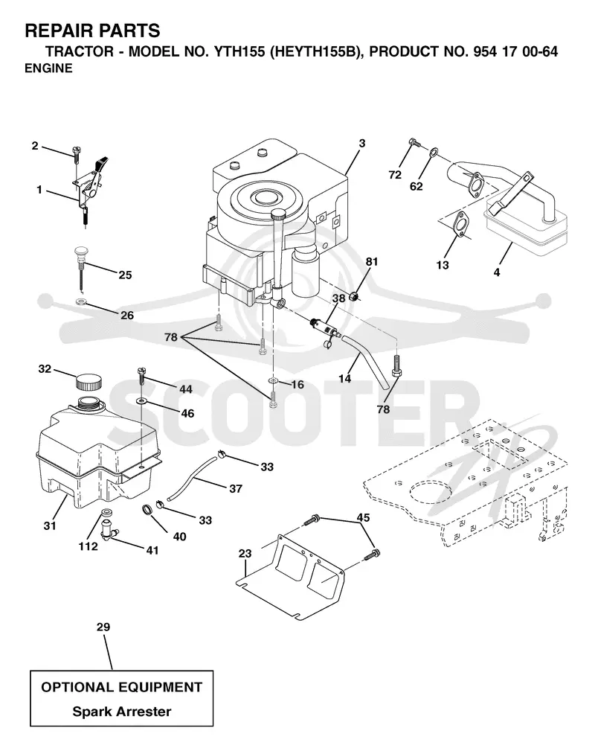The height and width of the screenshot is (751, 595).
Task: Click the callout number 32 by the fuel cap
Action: click(45, 368)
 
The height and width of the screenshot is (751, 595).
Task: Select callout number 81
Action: click(372, 261)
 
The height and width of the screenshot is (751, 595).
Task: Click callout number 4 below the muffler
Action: click(497, 272)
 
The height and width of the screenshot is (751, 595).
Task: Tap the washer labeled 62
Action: click(433, 152)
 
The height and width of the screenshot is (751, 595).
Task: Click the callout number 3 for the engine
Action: click(362, 143)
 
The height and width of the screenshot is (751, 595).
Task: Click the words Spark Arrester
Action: click(121, 712)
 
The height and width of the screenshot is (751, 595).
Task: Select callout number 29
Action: click(103, 627)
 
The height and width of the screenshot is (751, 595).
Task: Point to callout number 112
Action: click(88, 546)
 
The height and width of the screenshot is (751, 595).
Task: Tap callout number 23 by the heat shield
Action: click(245, 554)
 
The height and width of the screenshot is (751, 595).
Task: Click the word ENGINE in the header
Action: click(48, 68)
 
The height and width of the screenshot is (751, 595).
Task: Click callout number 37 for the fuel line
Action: click(236, 488)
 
